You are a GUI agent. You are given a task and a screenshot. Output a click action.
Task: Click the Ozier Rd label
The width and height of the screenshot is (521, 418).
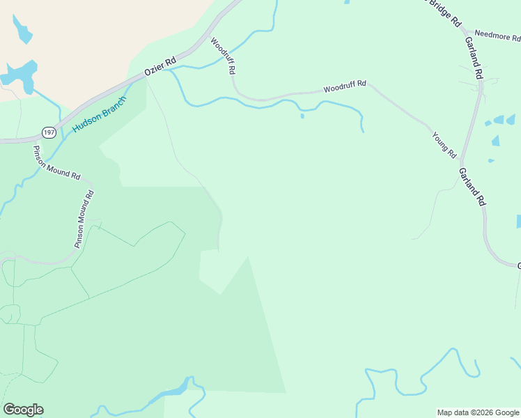coord(160,66)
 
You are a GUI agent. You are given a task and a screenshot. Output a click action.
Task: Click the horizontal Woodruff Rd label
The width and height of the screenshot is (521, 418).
coord(345,87)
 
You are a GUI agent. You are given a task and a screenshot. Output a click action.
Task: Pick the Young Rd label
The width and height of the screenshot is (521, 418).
coord(444,144)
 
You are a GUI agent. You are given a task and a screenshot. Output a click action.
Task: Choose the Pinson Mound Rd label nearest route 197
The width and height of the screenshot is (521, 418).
coord(56,162)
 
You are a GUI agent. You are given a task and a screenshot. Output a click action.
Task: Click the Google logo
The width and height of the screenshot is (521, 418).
coord(23,410)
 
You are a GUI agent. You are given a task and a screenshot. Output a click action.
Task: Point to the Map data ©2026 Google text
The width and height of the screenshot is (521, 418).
coord(478,412)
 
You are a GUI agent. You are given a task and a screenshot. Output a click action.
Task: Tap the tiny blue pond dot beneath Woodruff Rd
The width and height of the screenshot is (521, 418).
coord(302,116)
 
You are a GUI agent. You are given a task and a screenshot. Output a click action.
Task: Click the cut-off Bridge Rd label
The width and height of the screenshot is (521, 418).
coord(446,14)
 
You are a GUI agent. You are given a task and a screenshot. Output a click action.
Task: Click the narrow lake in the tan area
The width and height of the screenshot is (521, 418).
coord(21,29)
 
